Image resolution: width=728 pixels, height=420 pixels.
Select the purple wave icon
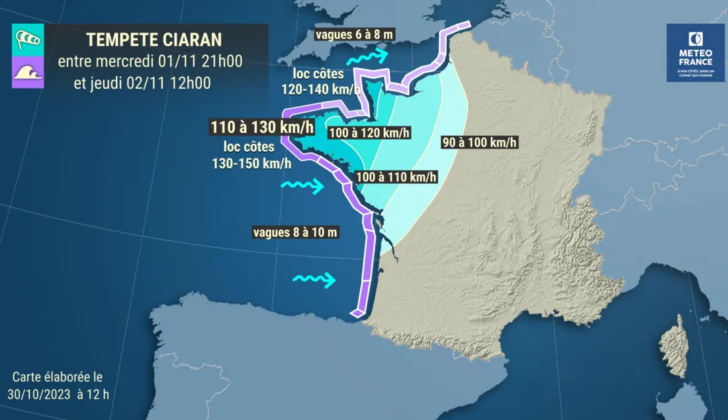(x=28, y=72)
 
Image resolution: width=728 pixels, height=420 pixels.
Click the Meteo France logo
(x=696, y=53)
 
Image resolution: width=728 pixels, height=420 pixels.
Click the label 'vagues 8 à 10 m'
(x=296, y=232)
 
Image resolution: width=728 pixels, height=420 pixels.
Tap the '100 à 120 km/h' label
(x=369, y=133)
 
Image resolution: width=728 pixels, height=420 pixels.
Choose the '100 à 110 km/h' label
(x=396, y=177)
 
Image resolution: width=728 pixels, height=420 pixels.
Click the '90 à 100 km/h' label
(x=479, y=142)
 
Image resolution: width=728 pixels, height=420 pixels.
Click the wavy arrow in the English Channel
(x=368, y=57)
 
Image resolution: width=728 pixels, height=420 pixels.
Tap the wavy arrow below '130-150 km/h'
(x=302, y=185)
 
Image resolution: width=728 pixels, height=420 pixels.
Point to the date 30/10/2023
(x=46, y=395)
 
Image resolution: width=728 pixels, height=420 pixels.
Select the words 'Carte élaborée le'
(x=58, y=378)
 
